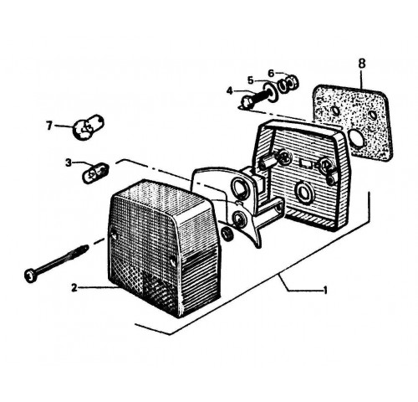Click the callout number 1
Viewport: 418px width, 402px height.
pos(325,291)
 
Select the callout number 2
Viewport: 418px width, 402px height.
pos(74,287)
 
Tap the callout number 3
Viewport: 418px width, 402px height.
pos(69,162)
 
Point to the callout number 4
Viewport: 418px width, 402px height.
pos(229,91)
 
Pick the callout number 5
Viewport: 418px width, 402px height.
pos(251,80)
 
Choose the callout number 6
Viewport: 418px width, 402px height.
pos(271,73)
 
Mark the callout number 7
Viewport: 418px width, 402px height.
pos(49,126)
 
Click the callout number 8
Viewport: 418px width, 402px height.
pos(361,64)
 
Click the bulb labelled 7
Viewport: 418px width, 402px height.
pos(88,127)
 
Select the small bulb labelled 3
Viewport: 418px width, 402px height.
pos(94,173)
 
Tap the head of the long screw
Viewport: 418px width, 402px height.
pos(31,276)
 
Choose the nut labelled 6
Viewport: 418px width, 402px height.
pos(289,82)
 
